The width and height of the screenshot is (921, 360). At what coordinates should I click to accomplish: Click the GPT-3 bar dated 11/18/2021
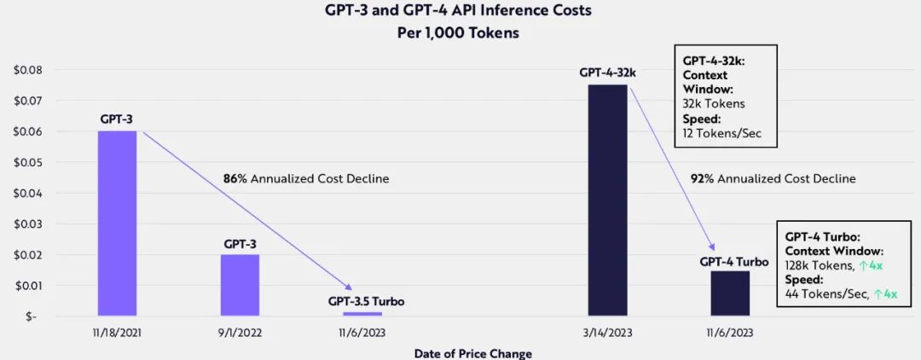click(117, 224)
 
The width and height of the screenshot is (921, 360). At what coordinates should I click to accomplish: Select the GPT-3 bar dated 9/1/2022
click(240, 285)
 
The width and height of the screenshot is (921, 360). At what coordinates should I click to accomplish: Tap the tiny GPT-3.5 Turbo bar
click(362, 313)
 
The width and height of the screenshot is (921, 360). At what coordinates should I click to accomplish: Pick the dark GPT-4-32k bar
click(608, 200)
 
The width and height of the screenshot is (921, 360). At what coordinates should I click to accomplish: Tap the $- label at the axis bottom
click(32, 316)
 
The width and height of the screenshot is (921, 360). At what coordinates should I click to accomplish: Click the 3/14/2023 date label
click(608, 333)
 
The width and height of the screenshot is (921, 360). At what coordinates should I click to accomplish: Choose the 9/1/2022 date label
click(240, 333)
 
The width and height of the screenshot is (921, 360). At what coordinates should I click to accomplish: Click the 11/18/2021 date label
click(117, 333)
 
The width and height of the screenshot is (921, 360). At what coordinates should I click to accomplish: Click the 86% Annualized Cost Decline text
click(306, 179)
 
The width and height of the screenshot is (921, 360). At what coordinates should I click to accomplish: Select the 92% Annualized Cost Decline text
click(773, 179)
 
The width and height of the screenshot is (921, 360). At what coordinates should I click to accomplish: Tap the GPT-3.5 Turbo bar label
click(366, 301)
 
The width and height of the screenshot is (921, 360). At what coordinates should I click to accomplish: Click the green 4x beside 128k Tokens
click(872, 266)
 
